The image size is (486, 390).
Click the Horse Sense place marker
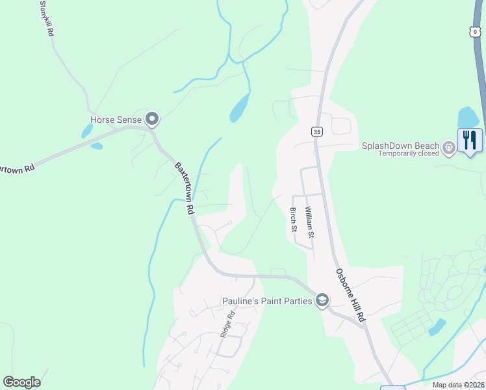pos(153,119)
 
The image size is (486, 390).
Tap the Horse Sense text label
pos(116,120)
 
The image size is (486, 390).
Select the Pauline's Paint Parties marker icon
pos(322,300)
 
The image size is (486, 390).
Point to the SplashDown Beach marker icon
pos(448,149)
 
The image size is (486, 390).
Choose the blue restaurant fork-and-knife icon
pos(470,140)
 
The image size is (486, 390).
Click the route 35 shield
pos(317,131)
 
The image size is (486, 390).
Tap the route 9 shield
pos(476,32)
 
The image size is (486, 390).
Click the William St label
pos(310,222)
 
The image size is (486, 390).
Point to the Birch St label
pos(294,220)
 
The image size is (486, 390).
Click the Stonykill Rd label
pos(46,18)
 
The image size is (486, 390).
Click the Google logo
pos(21,382)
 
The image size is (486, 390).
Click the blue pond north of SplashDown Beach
pos(468,117)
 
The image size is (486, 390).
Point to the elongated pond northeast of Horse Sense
pos(239,107)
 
